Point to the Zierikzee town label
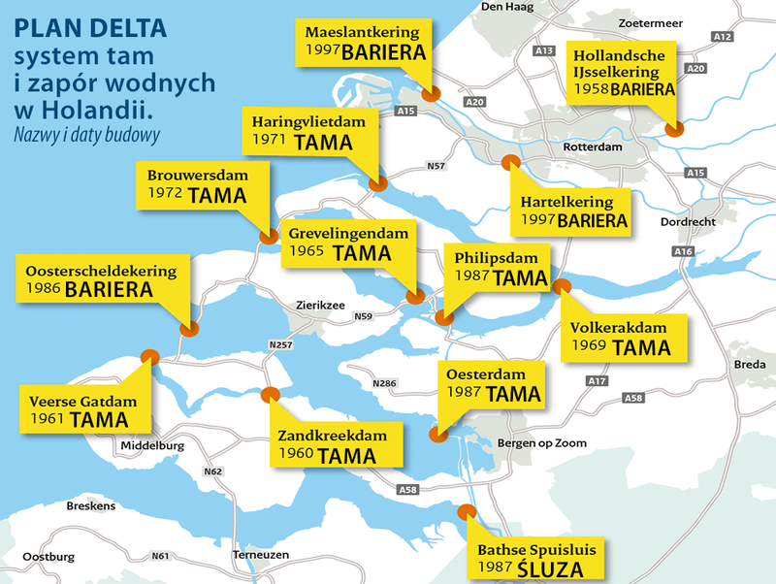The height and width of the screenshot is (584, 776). point(320,305)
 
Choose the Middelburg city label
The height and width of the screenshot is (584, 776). point(151,446)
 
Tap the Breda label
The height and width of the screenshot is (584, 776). point(750,364)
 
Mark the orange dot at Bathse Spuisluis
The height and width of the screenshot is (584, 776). point(466,511)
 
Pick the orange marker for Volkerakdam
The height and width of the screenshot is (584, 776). point(562,285)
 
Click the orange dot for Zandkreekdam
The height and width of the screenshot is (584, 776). point(269,394)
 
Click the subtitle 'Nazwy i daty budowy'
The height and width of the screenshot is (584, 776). point(85,135)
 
